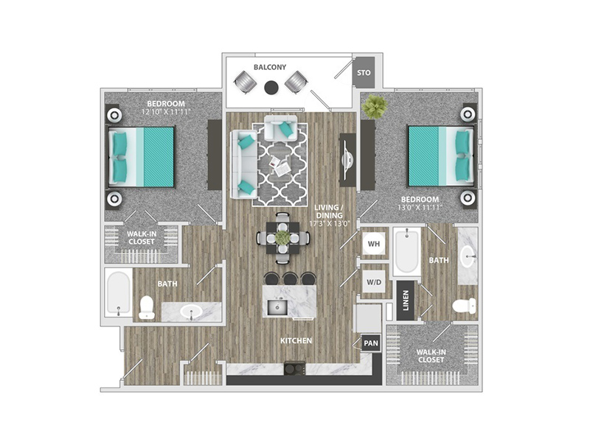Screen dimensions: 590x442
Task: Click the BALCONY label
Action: click(270, 67)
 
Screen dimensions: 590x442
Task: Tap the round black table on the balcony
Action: click(271, 88)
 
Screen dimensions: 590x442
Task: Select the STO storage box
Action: click(364, 72)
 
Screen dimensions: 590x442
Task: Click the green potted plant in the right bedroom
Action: click(374, 105)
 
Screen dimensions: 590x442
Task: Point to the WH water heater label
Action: click(374, 244)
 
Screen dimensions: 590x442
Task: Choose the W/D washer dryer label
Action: click(374, 282)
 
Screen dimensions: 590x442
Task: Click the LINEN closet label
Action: click(406, 301)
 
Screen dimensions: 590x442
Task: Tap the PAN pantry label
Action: click(371, 343)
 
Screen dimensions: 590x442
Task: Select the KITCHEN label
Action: click(296, 340)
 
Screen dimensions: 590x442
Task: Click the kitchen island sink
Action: click(277, 307)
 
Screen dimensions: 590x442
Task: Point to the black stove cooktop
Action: click(294, 368)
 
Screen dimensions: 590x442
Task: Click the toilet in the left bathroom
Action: click(146, 308)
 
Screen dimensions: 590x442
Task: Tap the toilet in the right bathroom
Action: click(464, 305)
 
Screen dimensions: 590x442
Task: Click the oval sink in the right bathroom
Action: click(468, 256)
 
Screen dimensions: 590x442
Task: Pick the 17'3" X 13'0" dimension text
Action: click(330, 223)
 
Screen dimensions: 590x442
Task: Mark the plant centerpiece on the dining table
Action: click(282, 237)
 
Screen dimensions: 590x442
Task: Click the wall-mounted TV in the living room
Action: click(347, 160)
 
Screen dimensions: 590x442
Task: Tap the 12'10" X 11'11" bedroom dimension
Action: click(167, 112)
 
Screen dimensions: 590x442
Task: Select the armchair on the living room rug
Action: click(281, 127)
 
